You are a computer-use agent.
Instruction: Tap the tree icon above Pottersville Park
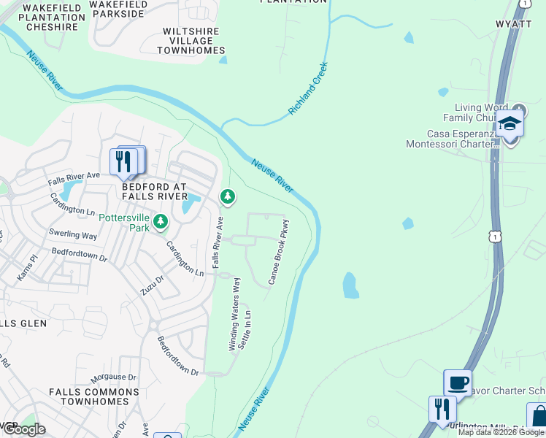(x=228, y=196)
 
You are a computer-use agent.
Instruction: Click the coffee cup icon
(x=458, y=383)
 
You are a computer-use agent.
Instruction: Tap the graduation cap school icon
(x=510, y=125)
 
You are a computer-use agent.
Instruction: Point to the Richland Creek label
(x=309, y=88)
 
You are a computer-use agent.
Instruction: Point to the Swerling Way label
(x=73, y=236)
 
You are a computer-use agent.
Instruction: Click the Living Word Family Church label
(x=479, y=112)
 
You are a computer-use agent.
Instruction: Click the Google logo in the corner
(x=23, y=429)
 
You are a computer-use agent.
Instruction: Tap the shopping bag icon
(x=537, y=415)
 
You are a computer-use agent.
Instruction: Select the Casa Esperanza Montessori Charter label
(x=464, y=139)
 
